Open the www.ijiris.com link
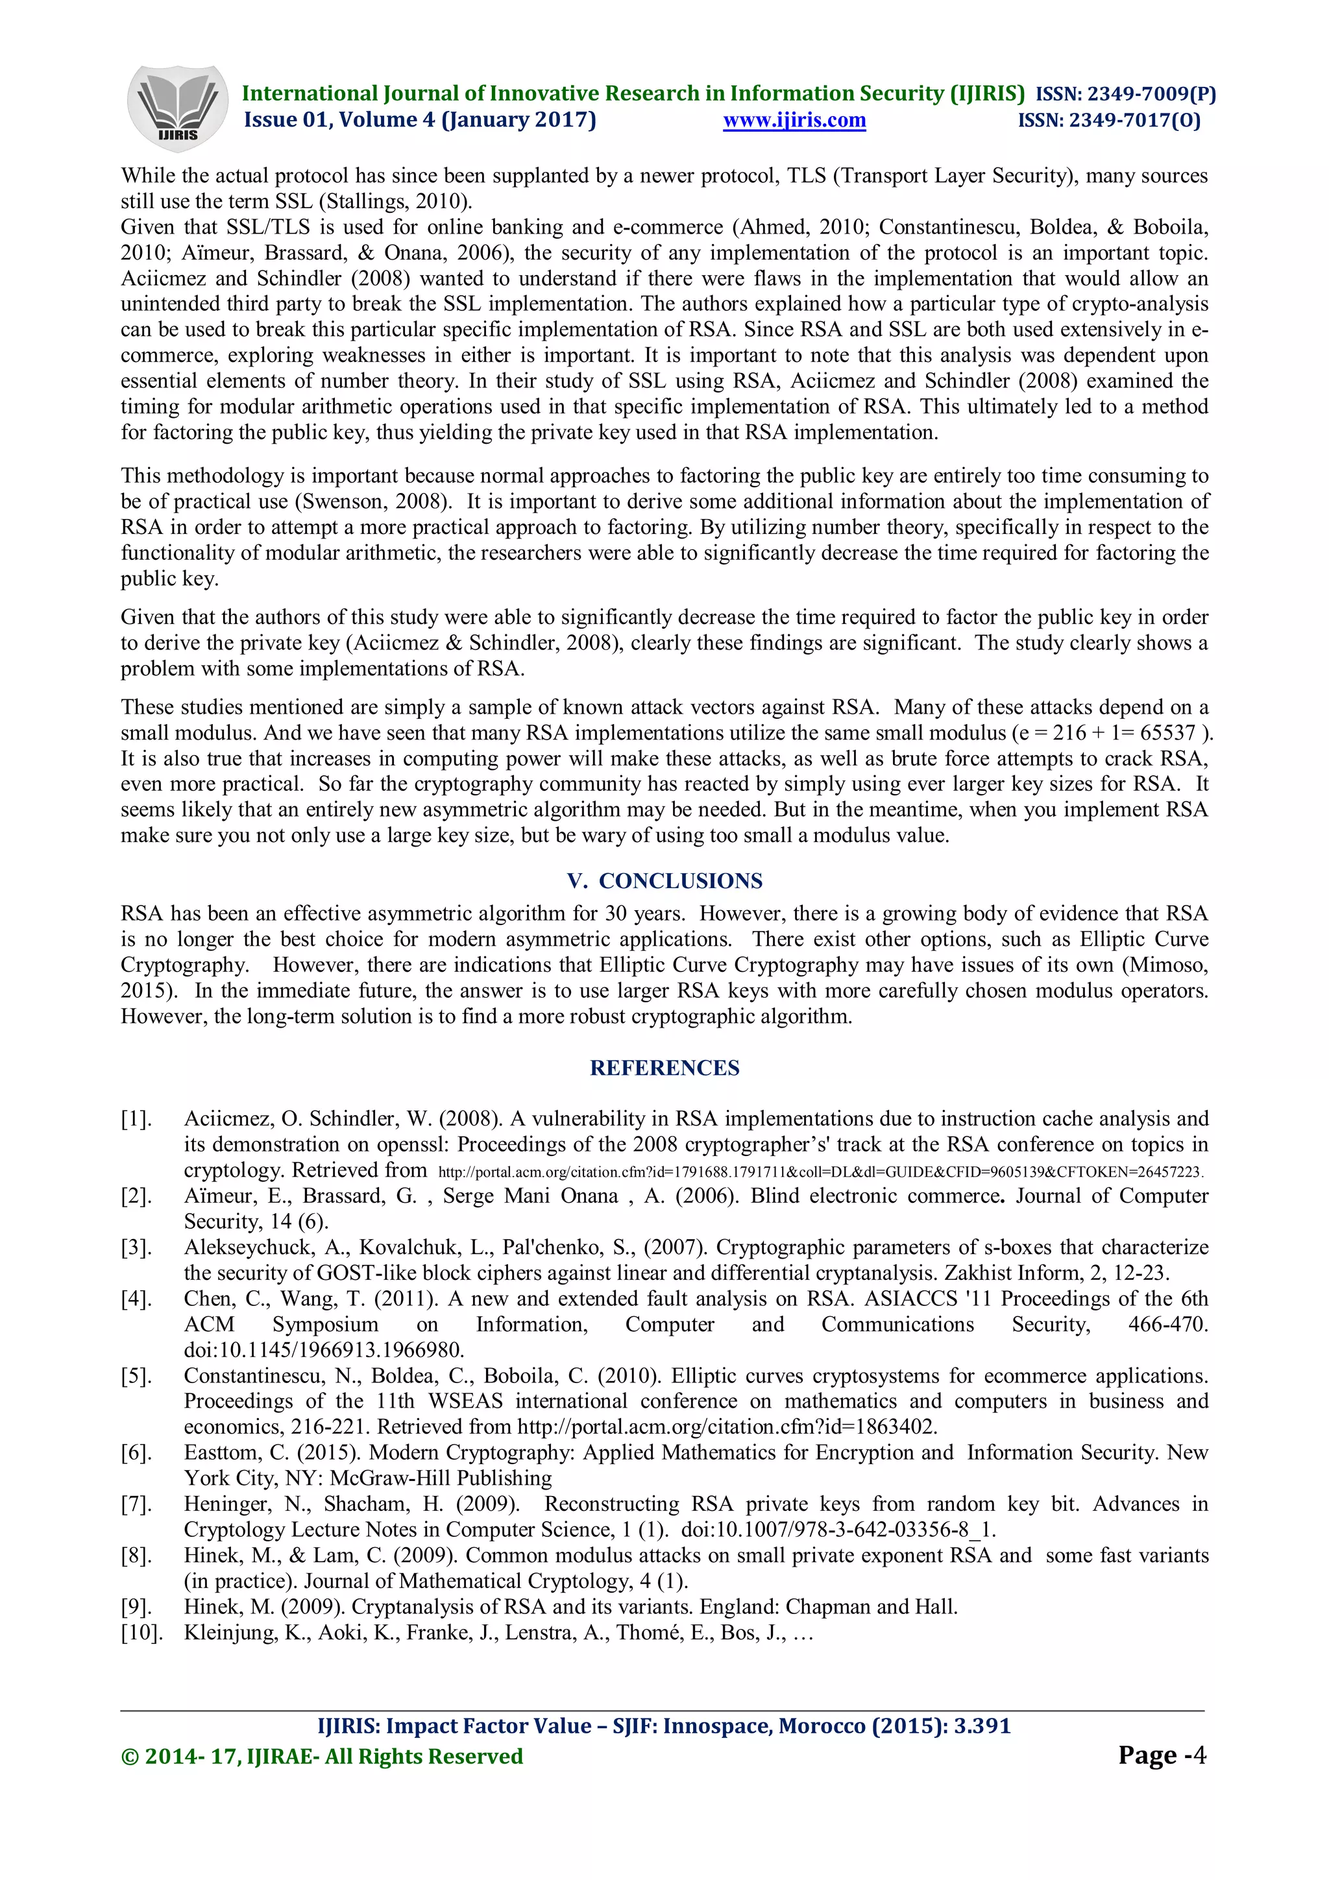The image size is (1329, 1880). click(x=794, y=121)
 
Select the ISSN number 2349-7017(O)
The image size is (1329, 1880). click(x=1134, y=121)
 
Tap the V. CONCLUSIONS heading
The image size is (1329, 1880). click(x=664, y=881)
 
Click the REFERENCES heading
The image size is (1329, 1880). click(x=664, y=1068)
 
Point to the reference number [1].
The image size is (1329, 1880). click(x=136, y=1118)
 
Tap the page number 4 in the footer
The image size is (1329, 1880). click(x=1200, y=1755)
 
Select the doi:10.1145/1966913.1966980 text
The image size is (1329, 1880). click(x=323, y=1349)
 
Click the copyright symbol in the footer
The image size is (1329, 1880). click(x=129, y=1756)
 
